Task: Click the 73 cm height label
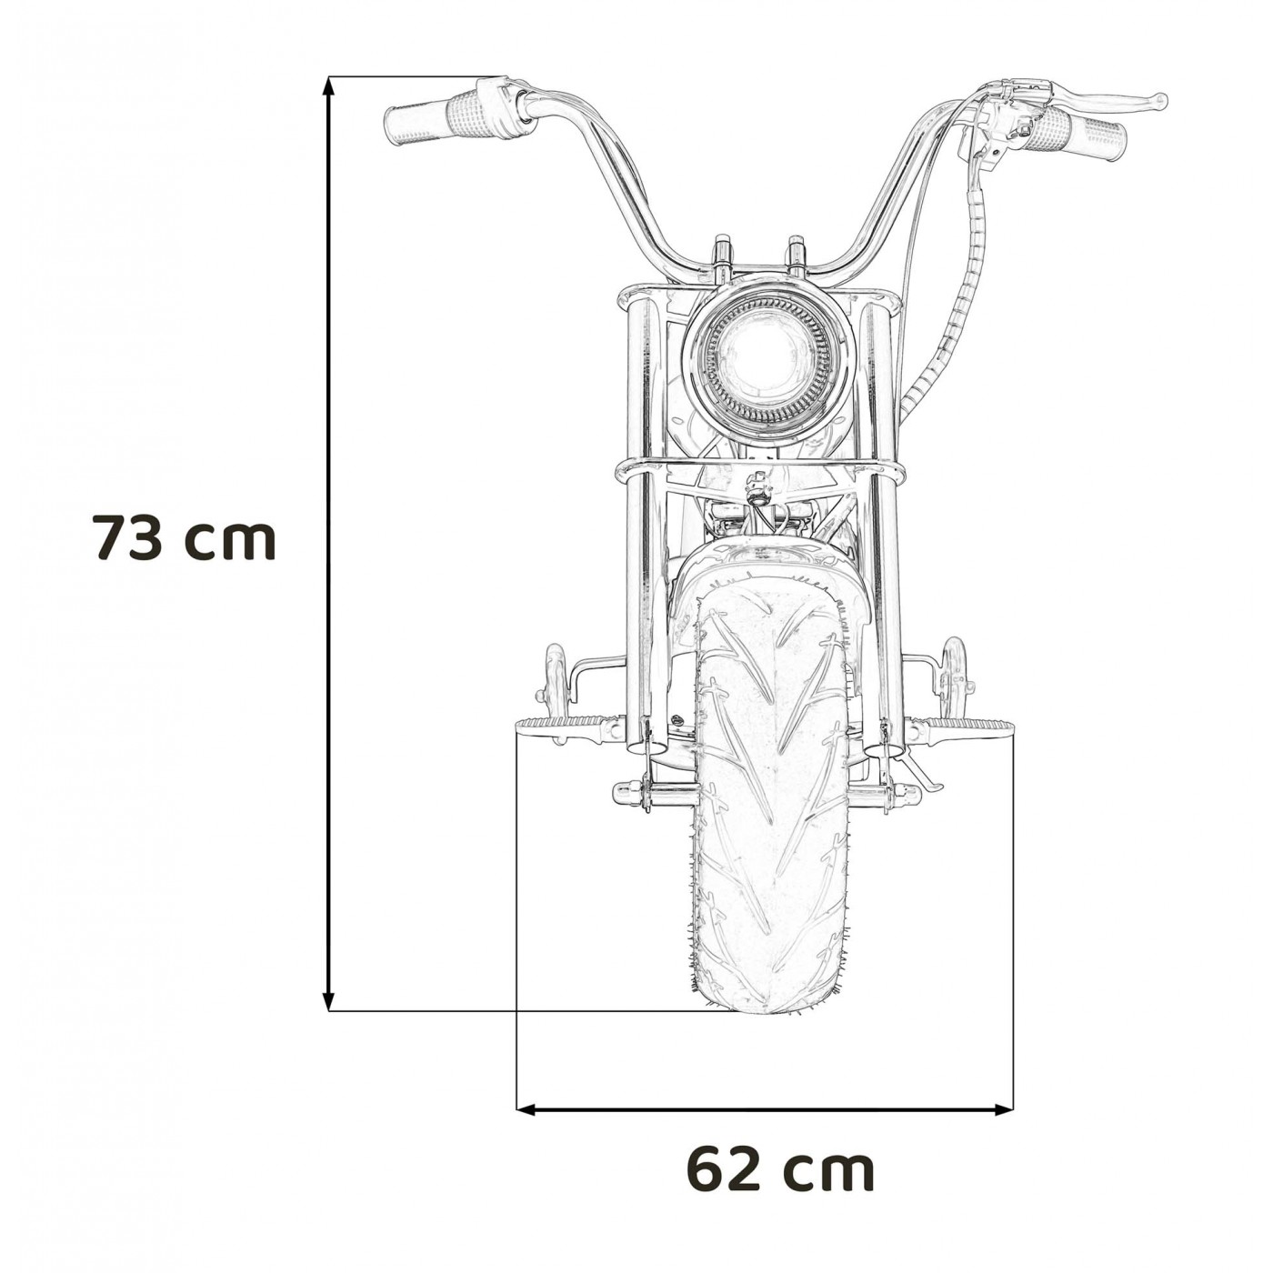coord(184,538)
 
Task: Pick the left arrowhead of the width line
coord(525,1108)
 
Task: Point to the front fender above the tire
coord(768,568)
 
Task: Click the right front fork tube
coord(879,509)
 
